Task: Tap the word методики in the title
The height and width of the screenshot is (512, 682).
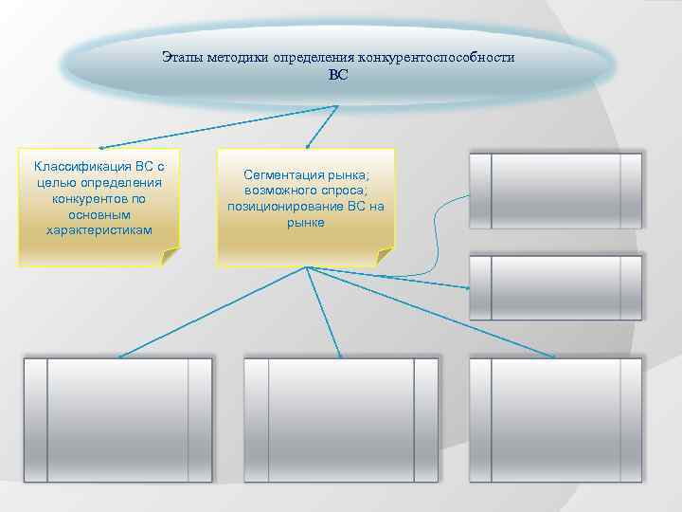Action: [x=237, y=58]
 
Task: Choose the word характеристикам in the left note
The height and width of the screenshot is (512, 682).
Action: [x=99, y=230]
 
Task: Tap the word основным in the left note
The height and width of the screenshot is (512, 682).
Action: [x=99, y=214]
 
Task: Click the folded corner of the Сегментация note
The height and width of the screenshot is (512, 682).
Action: [x=383, y=256]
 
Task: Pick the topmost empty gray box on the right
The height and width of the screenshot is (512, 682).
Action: [x=556, y=191]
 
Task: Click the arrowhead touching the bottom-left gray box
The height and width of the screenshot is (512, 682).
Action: [x=120, y=356]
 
